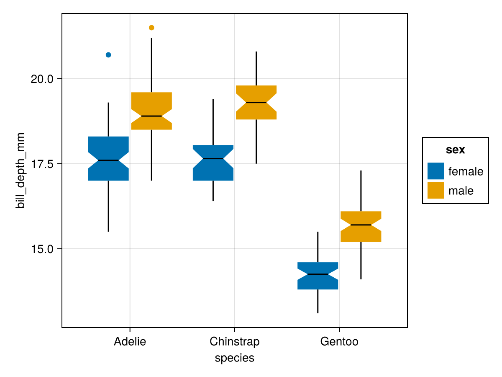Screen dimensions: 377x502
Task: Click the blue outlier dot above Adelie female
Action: (108, 55)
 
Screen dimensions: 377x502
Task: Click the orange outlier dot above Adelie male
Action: (151, 28)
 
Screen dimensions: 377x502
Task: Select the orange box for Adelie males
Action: (151, 103)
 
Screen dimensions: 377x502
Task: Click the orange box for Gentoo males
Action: (361, 218)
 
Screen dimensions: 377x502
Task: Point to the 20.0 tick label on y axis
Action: (41, 79)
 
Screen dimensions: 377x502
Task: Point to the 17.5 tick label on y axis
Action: (41, 164)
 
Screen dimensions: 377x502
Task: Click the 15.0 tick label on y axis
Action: (41, 249)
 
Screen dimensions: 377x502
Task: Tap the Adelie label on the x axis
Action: (130, 342)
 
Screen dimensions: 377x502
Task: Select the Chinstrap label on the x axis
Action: (234, 342)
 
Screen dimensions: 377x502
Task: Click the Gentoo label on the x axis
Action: (339, 342)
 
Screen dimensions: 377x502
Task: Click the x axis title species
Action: (234, 358)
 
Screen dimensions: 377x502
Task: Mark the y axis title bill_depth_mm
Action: (20, 170)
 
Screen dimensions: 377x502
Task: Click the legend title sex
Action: (456, 150)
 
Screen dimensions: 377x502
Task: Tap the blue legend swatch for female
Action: (435, 171)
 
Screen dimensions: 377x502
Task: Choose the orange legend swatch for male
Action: (435, 191)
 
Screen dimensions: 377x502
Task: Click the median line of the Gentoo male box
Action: (361, 225)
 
